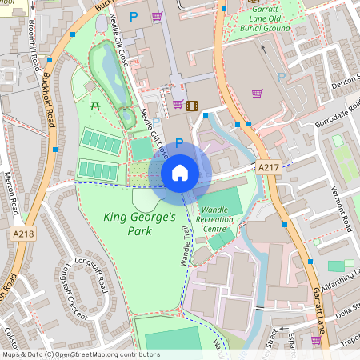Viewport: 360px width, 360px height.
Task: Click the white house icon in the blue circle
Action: coord(179,173)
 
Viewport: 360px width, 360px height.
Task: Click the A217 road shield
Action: coord(268,166)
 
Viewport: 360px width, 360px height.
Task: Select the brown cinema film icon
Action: coord(191,104)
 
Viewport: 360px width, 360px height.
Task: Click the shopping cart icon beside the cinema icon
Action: coord(178,104)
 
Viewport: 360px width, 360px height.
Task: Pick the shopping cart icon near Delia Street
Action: coord(315,339)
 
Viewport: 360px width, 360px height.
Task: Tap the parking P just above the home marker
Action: coord(179,143)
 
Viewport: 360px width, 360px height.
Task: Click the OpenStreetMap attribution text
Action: coord(81,354)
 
